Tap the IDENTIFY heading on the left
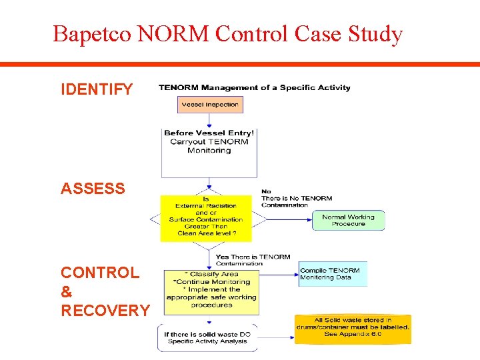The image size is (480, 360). tap(97, 89)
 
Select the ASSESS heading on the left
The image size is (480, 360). tap(93, 189)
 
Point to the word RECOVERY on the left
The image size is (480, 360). tap(105, 310)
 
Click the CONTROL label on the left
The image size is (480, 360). tap(100, 273)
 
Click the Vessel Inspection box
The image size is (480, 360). tap(209, 105)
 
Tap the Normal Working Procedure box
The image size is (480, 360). tap(348, 220)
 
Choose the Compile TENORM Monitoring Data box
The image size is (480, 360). tap(332, 273)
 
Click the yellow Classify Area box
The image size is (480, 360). tap(211, 291)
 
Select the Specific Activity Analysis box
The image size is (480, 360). tap(207, 337)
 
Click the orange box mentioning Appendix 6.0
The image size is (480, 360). tap(353, 329)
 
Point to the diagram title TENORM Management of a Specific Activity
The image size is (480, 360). tap(254, 87)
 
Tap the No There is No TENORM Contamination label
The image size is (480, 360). tap(296, 198)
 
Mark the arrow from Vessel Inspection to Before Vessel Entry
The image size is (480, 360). tap(209, 119)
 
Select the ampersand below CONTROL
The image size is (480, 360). tap(66, 291)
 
